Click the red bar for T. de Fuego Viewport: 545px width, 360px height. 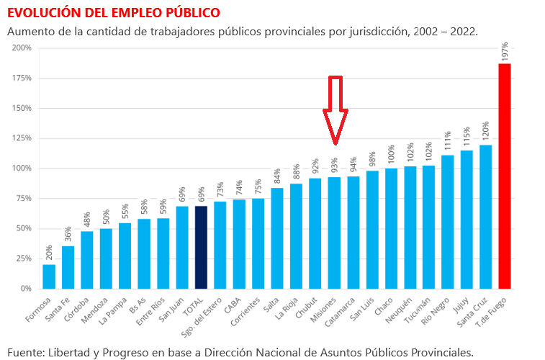pos(505,176)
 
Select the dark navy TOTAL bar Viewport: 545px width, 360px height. pos(201,248)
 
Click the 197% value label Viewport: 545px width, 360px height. pos(505,51)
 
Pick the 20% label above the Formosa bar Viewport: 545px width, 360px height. pos(49,253)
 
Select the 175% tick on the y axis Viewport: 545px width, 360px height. pos(22,78)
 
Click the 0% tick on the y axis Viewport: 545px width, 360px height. pos(25,289)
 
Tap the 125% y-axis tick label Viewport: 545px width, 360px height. pos(22,138)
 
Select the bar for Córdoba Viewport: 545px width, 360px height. pos(86,260)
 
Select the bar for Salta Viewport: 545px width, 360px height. pos(277,238)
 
